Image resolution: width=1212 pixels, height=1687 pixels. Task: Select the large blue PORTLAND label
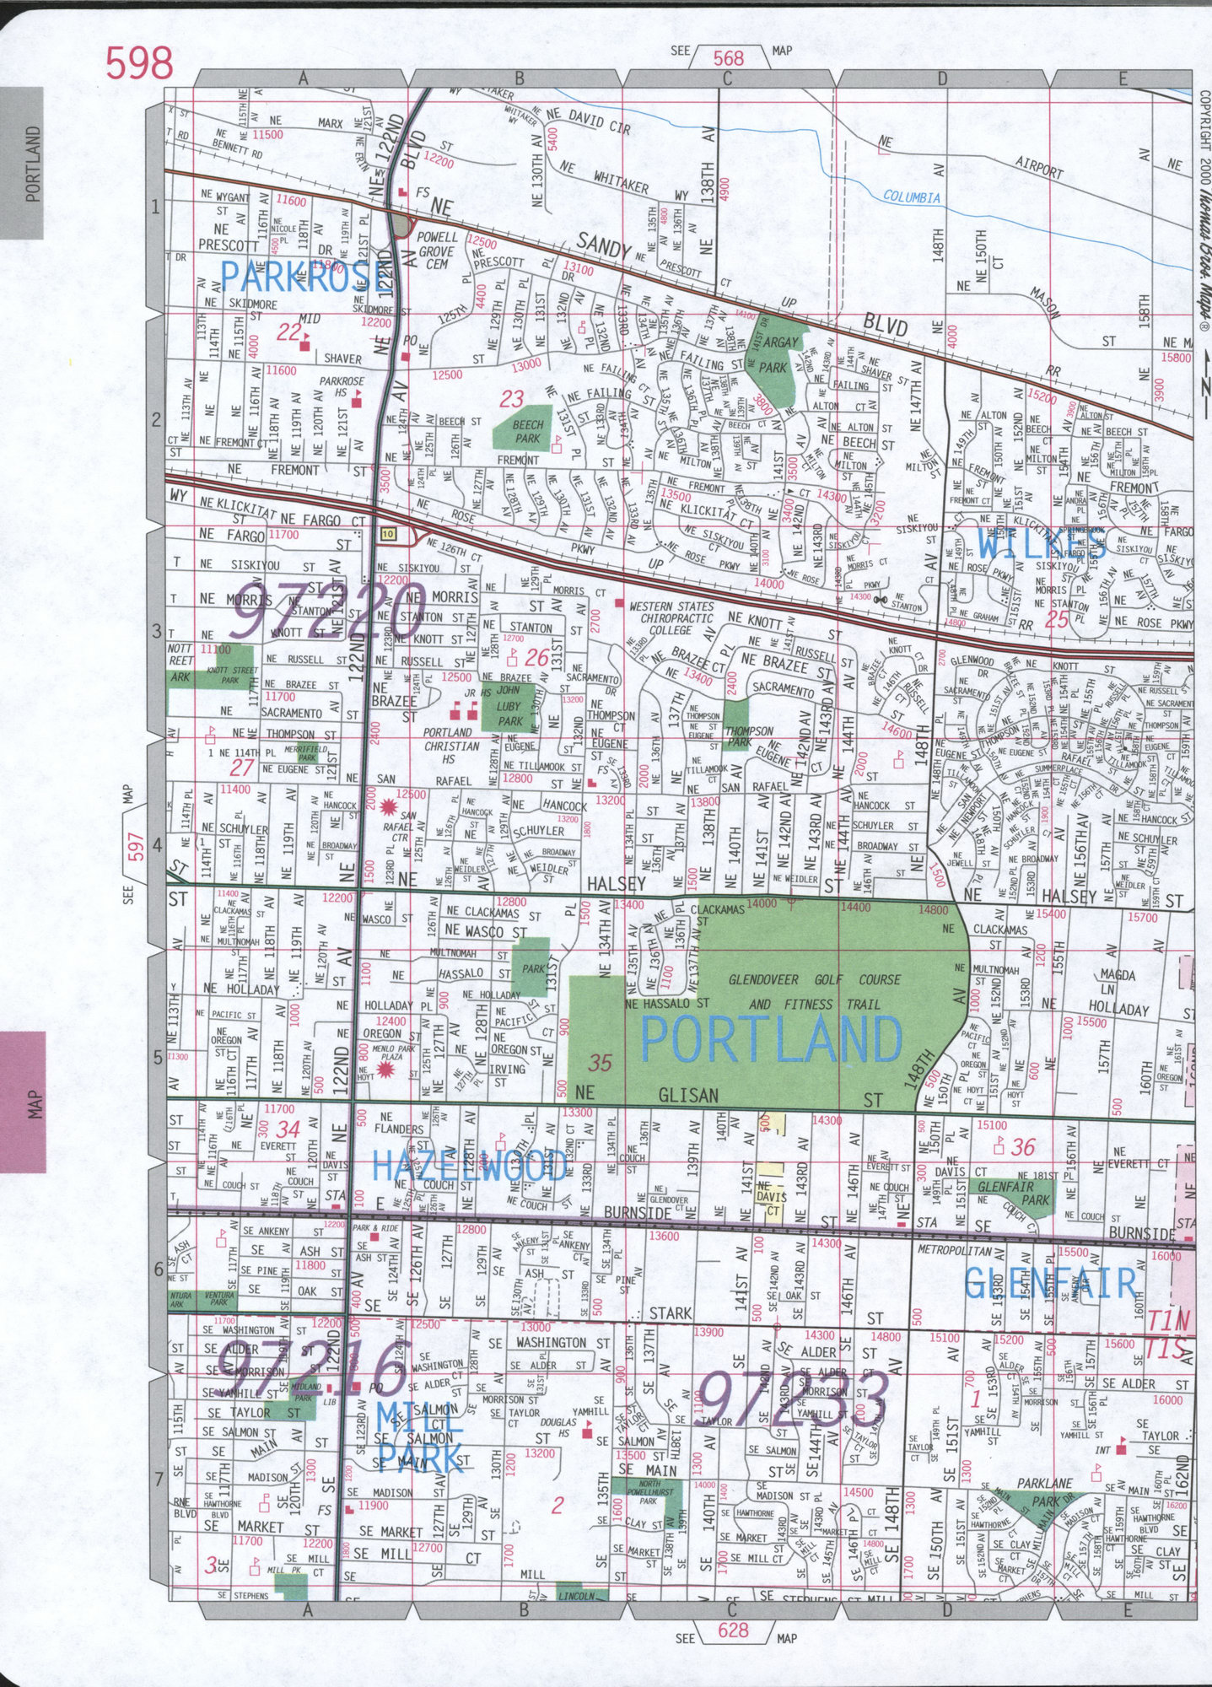771,1038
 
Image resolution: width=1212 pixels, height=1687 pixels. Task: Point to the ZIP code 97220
314,608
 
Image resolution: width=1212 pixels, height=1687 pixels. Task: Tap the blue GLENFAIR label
1051,1283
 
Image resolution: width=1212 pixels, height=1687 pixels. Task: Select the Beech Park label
528,431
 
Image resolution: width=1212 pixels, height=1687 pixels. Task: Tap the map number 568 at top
729,57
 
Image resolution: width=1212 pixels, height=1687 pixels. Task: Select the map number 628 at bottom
733,1630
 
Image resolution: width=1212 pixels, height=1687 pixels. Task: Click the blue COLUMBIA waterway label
911,197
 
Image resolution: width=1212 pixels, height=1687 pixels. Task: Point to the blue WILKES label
1042,544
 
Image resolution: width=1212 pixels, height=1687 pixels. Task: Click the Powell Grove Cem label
437,251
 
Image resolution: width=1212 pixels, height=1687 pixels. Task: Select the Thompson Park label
748,736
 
